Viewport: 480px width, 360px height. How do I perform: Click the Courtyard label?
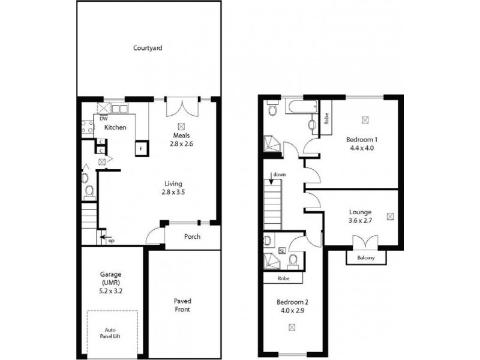148,47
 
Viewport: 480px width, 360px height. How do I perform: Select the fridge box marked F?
142,148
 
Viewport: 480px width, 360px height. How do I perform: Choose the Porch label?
192,236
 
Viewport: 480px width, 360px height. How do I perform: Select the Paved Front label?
182,305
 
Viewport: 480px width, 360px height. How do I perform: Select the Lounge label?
360,212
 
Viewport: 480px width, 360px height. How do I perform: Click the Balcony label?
365,258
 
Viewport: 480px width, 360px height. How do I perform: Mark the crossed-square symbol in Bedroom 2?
292,327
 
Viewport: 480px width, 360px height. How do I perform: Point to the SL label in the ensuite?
282,251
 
